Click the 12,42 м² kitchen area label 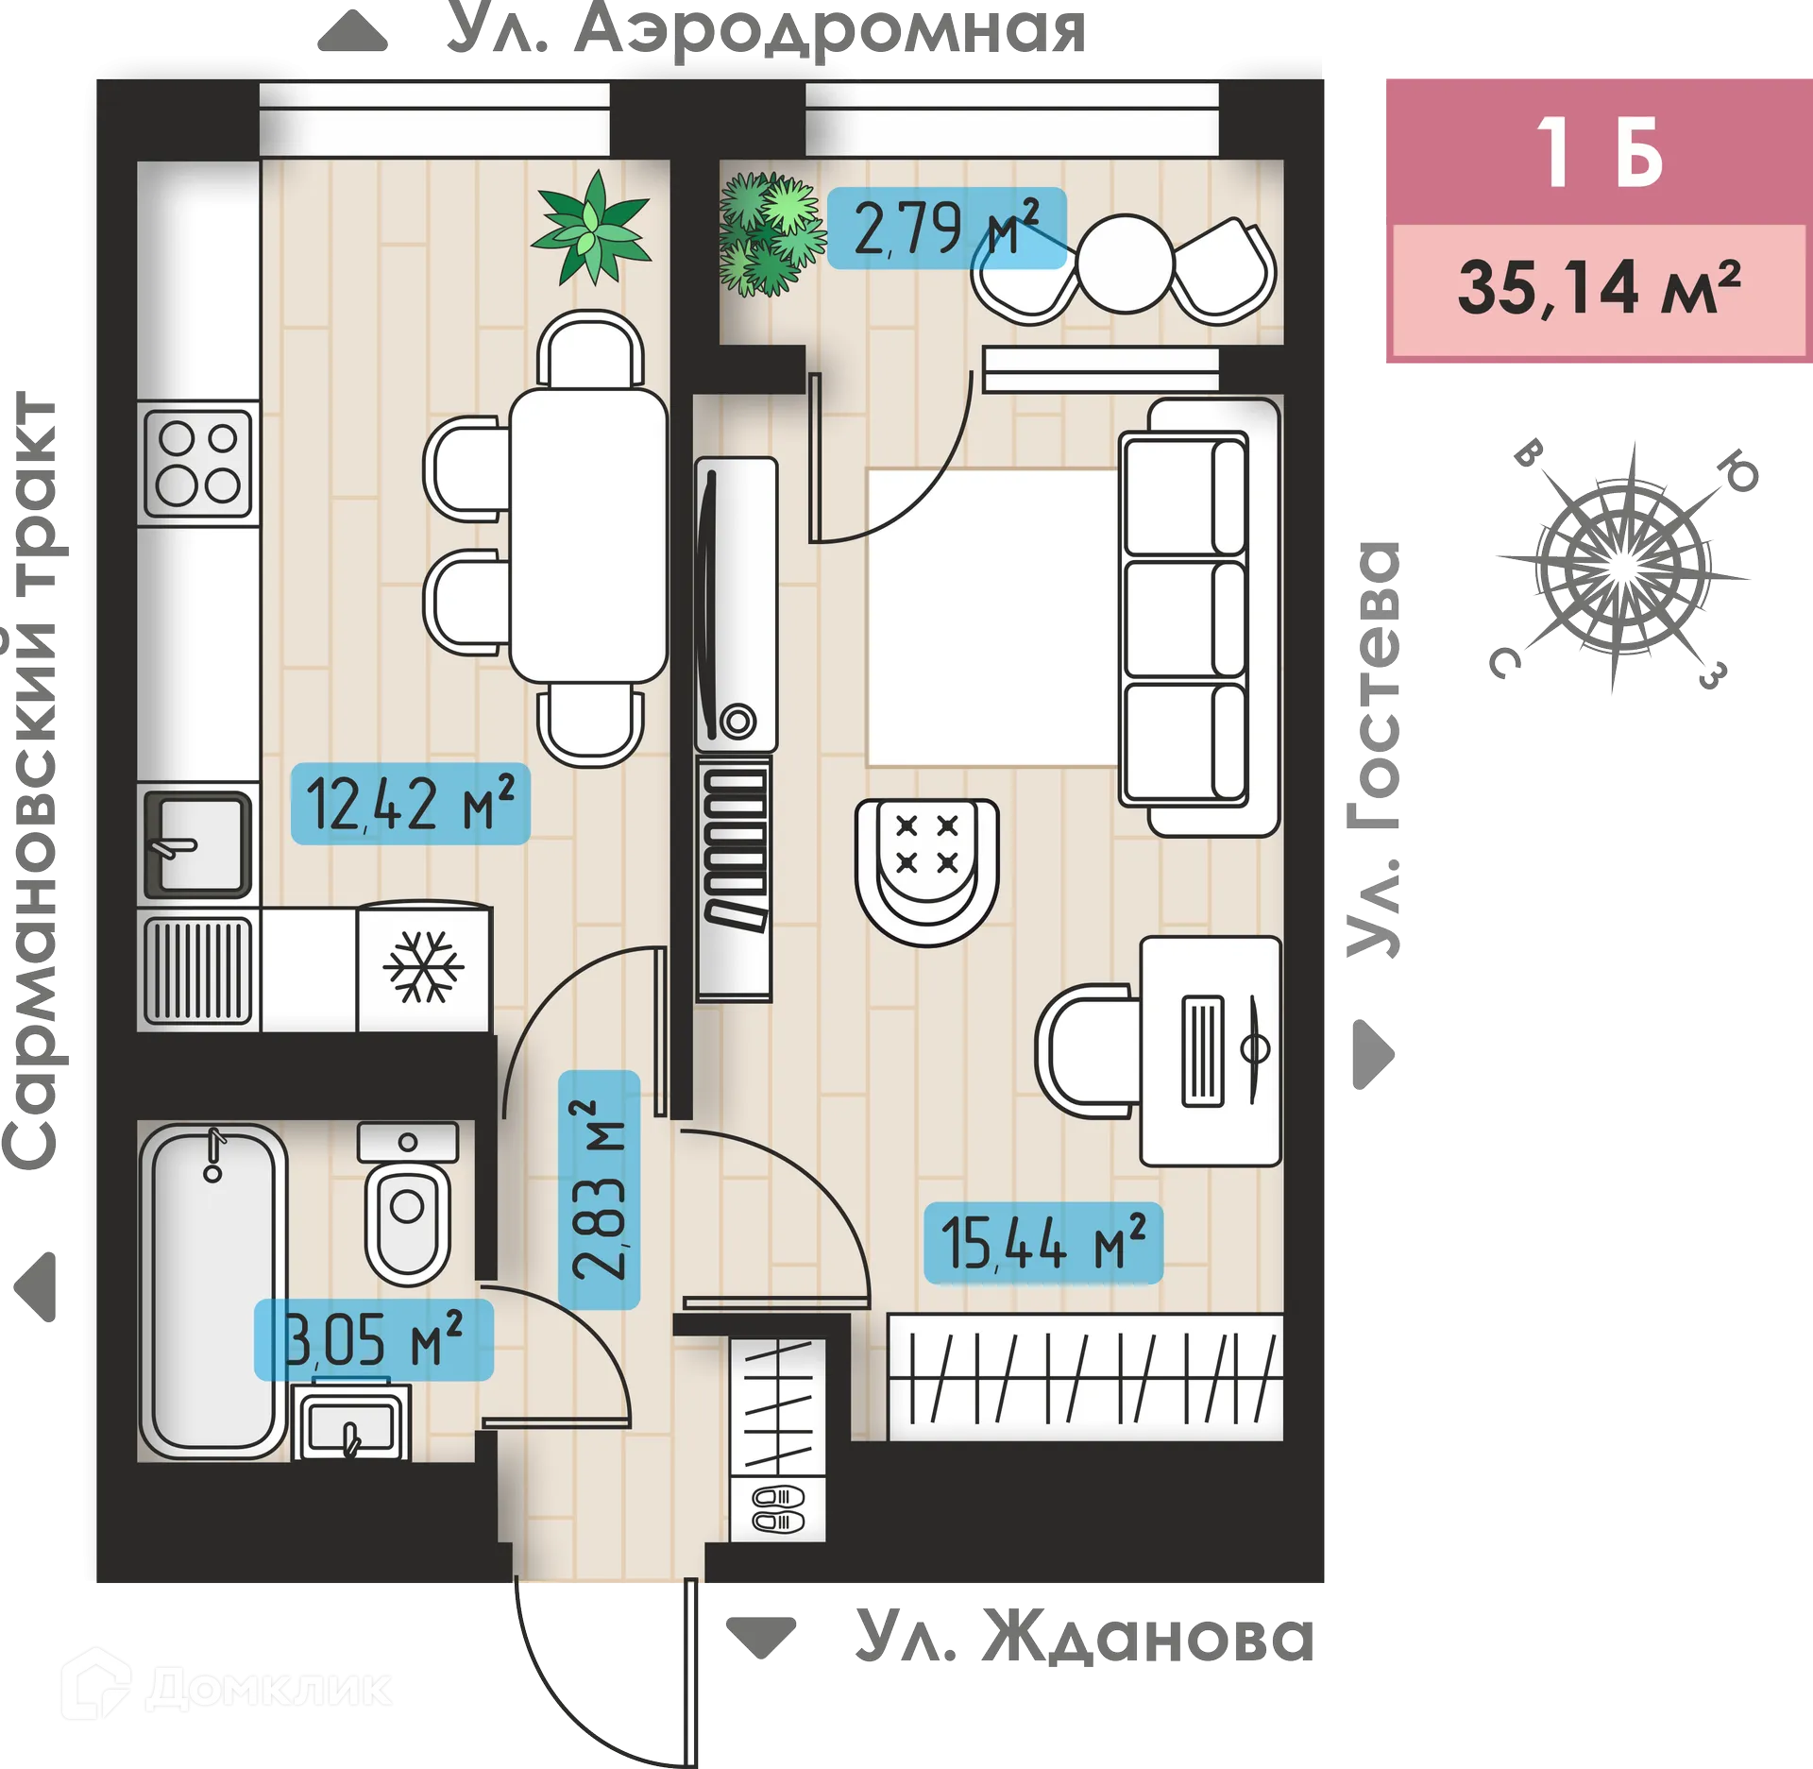pos(410,804)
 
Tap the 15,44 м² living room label pos(1042,1243)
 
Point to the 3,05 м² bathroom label pos(373,1339)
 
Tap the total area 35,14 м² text pos(1599,288)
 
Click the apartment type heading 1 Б pos(1599,153)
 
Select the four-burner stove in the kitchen pos(197,463)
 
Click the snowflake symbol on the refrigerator pos(423,966)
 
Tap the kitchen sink pos(197,843)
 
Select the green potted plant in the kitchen pos(592,228)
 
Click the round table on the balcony pos(1124,264)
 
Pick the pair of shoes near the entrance pos(777,1508)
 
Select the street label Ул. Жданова pos(1083,1637)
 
